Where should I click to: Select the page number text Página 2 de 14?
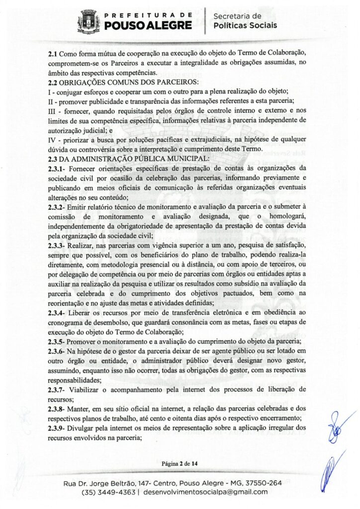tap(180, 464)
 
